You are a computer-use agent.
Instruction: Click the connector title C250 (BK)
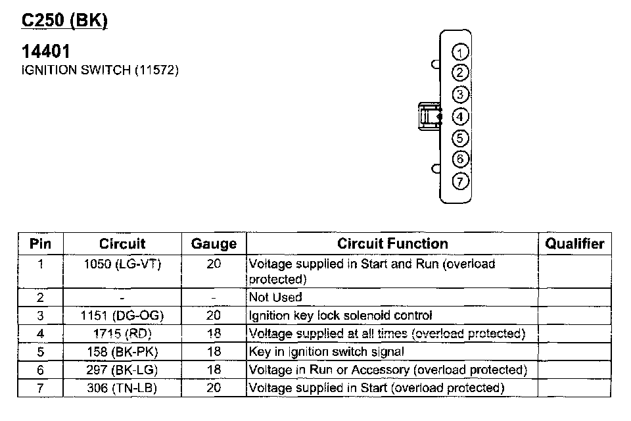64,20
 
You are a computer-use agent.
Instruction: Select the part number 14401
46,51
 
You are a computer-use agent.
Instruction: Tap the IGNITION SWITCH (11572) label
101,70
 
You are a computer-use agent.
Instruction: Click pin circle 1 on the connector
461,53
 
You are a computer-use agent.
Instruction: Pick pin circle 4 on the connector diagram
461,117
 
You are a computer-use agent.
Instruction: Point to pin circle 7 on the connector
461,182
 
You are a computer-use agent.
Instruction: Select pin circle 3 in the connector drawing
461,95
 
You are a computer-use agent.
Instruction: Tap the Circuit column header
122,244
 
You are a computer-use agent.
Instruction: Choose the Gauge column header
214,244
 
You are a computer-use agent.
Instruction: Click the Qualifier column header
574,244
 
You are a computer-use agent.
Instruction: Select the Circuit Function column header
392,244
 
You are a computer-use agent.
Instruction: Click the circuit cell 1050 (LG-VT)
122,264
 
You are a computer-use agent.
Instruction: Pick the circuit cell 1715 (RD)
122,334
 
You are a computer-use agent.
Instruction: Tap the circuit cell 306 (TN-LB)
122,388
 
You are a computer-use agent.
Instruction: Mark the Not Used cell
275,297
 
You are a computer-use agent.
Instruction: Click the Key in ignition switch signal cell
327,352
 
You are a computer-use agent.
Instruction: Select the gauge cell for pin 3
214,316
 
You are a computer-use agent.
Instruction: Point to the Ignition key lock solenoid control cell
340,316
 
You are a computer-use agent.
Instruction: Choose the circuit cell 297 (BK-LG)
122,370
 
